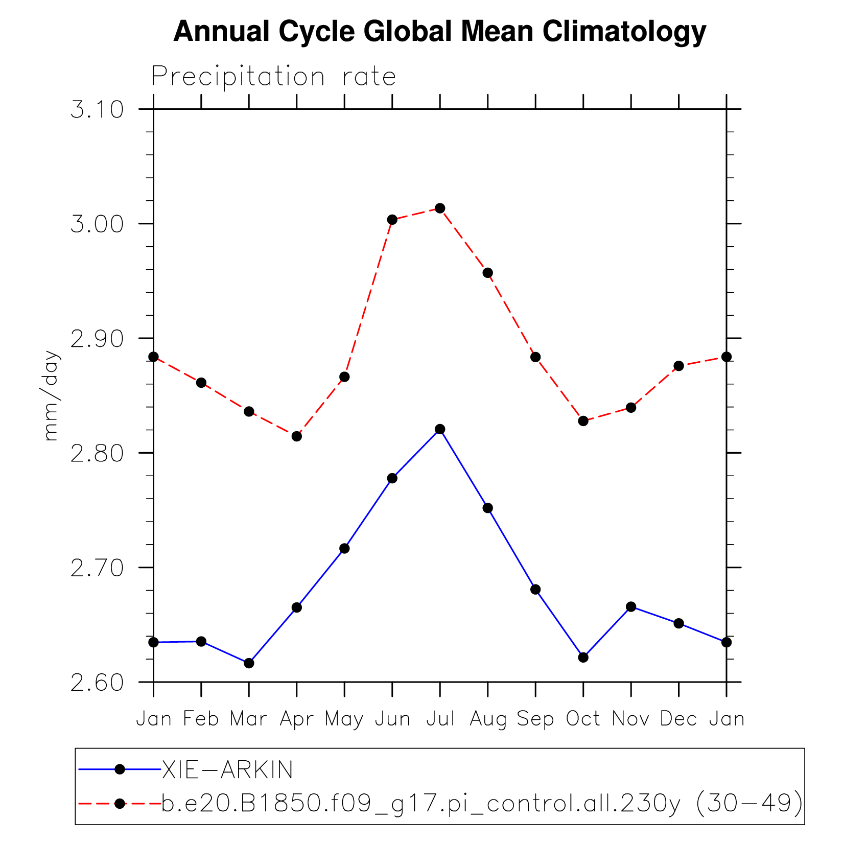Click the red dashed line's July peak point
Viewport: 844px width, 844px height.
[x=440, y=208]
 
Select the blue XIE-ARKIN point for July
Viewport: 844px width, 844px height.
[x=440, y=429]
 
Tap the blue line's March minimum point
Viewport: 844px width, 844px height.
[x=249, y=663]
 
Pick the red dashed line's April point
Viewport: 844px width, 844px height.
[x=297, y=436]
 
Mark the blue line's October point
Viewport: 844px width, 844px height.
[x=583, y=658]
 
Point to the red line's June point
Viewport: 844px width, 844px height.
[x=392, y=220]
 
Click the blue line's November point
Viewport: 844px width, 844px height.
[x=631, y=607]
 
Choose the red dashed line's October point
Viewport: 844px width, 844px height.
[x=583, y=421]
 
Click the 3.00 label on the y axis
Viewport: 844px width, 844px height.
[x=97, y=224]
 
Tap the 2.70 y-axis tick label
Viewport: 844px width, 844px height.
[x=97, y=568]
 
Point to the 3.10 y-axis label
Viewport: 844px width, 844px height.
[x=97, y=110]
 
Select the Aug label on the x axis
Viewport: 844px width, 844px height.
[x=488, y=719]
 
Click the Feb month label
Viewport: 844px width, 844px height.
[x=201, y=719]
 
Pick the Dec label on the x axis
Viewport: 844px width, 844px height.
[x=678, y=719]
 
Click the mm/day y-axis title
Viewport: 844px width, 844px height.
[x=51, y=396]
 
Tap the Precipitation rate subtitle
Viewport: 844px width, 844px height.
[x=273, y=77]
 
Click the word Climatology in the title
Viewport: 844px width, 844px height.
[x=624, y=32]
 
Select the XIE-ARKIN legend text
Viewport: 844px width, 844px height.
[x=227, y=770]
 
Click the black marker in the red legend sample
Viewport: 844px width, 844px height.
[x=120, y=804]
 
